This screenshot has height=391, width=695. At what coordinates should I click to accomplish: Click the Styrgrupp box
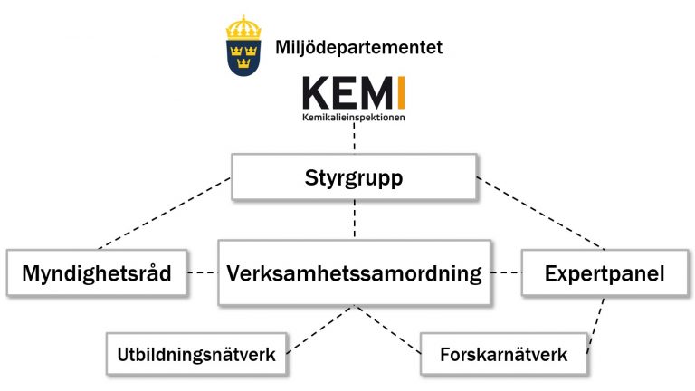(x=354, y=177)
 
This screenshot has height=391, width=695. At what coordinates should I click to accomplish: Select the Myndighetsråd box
(x=97, y=272)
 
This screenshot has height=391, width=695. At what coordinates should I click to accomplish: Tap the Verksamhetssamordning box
(x=354, y=272)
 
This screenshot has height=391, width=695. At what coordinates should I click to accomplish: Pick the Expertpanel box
(x=605, y=273)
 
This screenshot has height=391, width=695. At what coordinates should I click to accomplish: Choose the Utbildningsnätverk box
(x=196, y=354)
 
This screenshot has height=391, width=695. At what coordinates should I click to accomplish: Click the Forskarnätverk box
(x=503, y=354)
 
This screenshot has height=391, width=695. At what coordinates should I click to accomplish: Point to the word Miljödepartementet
(x=358, y=47)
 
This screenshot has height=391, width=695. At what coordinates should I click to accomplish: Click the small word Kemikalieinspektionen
(x=354, y=118)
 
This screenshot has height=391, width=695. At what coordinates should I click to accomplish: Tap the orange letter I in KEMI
(x=401, y=92)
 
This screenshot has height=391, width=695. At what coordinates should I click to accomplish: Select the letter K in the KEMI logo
(x=315, y=92)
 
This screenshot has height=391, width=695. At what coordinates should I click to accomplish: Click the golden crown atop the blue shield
(x=243, y=27)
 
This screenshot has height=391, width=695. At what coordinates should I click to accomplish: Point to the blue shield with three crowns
(x=243, y=58)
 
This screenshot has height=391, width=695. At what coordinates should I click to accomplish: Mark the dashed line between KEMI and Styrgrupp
(x=354, y=138)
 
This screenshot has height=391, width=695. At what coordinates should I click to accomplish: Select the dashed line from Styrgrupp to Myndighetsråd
(x=164, y=214)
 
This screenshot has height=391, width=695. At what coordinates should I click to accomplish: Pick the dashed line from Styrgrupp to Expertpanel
(x=541, y=214)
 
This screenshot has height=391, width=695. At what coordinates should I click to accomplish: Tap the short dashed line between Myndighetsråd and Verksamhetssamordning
(x=203, y=272)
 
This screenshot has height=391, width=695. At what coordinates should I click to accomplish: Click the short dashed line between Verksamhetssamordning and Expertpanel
(x=506, y=272)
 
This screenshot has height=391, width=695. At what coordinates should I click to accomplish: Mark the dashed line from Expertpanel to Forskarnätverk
(x=595, y=325)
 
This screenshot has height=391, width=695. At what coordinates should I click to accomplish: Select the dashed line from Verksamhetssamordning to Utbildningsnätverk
(x=320, y=329)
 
